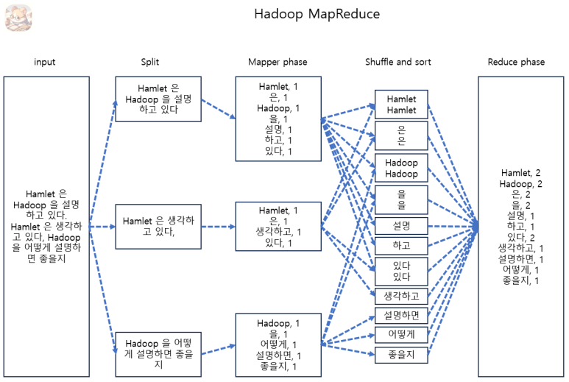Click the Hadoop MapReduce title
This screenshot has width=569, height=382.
(x=317, y=15)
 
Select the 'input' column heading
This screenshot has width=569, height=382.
(x=45, y=62)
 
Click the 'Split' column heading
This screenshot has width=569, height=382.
(x=150, y=62)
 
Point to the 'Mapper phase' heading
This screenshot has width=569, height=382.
(x=278, y=62)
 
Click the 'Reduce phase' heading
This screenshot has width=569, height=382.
(x=516, y=62)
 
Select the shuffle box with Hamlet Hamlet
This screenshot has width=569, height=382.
(x=401, y=105)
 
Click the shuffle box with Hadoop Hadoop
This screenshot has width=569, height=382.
(x=401, y=169)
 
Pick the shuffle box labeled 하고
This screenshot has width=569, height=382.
(x=401, y=244)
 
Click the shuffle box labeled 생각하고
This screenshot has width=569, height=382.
(x=401, y=296)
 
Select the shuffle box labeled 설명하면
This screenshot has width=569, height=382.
(x=401, y=316)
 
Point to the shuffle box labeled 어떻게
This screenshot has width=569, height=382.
(x=401, y=335)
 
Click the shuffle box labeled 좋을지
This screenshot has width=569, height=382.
(x=401, y=355)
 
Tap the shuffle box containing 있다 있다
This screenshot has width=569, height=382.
(x=401, y=271)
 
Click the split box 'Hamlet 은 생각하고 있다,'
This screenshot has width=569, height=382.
(x=158, y=226)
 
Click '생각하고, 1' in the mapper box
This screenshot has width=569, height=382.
(x=278, y=232)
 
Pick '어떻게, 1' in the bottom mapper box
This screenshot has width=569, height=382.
(x=278, y=345)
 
